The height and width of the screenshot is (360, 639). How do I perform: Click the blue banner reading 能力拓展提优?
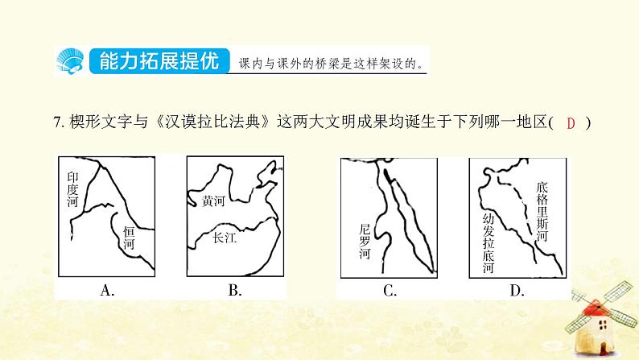(159, 61)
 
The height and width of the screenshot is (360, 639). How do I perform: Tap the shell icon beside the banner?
(70, 61)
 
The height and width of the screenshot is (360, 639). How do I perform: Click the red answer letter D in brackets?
(571, 123)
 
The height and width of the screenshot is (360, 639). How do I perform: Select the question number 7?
(58, 122)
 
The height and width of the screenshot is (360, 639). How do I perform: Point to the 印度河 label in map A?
(73, 189)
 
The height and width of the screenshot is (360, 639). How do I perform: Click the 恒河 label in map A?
(130, 238)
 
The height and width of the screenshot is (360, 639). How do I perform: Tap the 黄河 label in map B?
(213, 201)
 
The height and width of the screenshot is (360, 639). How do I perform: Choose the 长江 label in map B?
(225, 238)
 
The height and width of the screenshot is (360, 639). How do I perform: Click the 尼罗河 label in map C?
(365, 242)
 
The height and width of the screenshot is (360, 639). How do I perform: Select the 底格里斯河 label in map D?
(542, 212)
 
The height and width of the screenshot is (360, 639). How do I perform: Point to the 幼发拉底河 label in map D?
(489, 243)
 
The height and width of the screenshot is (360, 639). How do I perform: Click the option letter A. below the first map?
(107, 290)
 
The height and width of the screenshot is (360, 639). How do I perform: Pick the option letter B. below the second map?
(235, 290)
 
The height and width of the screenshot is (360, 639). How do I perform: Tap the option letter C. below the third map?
(390, 291)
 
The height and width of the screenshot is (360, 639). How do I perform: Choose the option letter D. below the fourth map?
(517, 291)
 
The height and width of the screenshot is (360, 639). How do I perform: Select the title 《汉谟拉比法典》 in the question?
(212, 122)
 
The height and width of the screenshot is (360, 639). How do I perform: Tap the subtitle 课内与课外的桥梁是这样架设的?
(331, 64)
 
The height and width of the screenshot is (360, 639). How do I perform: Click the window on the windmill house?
(602, 325)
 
